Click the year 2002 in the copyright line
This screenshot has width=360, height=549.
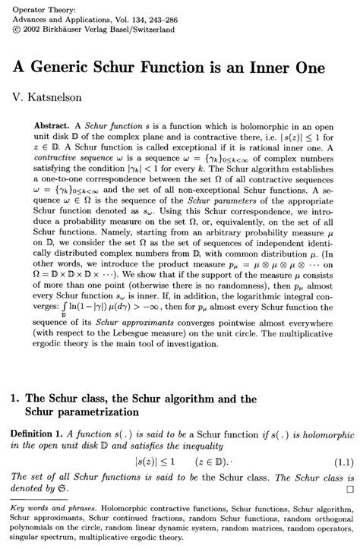pos(27,29)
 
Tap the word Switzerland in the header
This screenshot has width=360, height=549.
pos(150,29)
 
